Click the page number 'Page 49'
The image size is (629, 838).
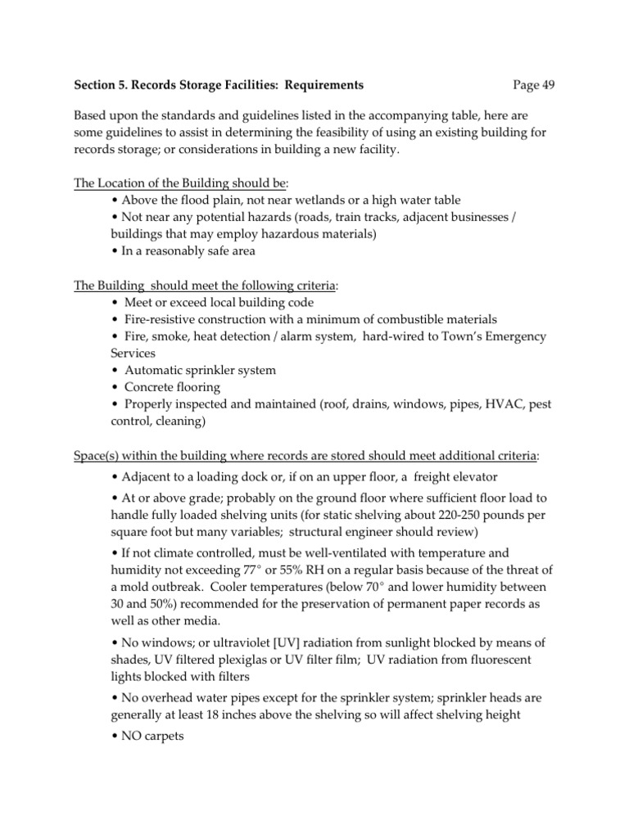pyautogui.click(x=534, y=85)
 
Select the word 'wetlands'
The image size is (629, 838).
pyautogui.click(x=315, y=200)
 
